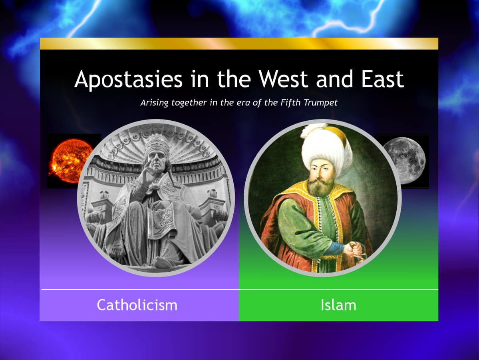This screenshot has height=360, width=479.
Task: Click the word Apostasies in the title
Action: click(129, 80)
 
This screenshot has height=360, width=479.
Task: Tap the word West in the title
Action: click(283, 79)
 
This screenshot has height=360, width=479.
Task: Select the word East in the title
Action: click(382, 79)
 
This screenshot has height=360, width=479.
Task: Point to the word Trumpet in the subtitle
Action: click(320, 102)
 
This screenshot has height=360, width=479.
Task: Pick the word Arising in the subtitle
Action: click(155, 103)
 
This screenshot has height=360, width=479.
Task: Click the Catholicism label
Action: click(137, 305)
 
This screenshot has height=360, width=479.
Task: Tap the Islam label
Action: click(338, 305)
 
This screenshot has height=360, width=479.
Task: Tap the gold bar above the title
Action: click(239, 44)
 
